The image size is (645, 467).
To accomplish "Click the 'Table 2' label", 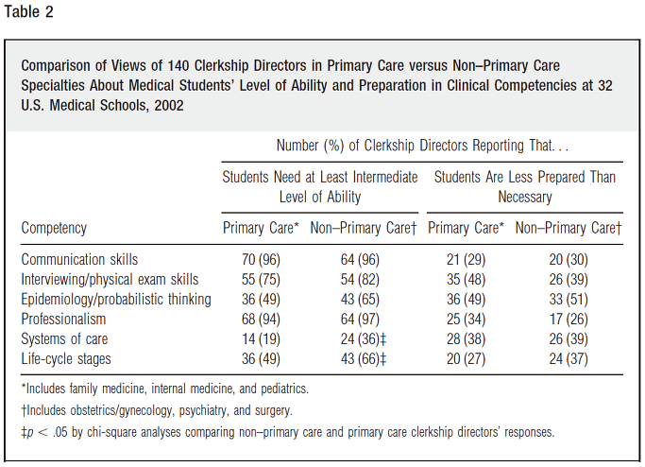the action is point(28,11).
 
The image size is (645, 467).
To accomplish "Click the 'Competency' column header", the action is point(54,228).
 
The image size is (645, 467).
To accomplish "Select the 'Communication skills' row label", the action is point(79,259).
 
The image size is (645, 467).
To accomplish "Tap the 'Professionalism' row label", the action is point(63,320).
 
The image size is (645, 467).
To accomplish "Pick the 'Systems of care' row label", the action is point(64,339).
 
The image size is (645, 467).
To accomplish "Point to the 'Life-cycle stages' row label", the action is point(66,358).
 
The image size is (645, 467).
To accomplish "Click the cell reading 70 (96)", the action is point(261,259).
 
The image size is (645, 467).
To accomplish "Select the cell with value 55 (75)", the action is point(261,279).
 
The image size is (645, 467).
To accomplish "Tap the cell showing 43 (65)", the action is point(360,300).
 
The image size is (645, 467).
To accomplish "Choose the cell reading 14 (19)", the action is point(261,339).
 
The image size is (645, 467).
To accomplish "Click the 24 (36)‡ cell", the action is point(364,339).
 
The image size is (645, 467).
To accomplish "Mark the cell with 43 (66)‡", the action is point(364,358).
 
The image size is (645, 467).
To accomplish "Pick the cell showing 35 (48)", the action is point(467,279).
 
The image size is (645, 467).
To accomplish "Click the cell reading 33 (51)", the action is point(569,300).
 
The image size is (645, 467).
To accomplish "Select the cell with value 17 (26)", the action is point(569,320).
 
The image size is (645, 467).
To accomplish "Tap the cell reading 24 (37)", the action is point(569,358).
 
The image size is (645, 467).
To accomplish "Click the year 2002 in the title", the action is point(169,106).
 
